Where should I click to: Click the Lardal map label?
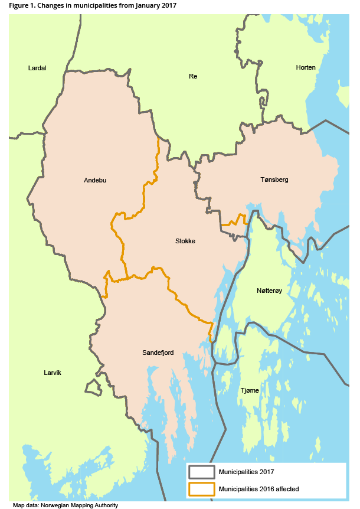pyautogui.click(x=37, y=68)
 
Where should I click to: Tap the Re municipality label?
pyautogui.click(x=192, y=76)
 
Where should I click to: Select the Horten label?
pyautogui.click(x=306, y=67)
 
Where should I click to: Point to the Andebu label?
pyautogui.click(x=96, y=180)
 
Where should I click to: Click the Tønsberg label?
pyautogui.click(x=274, y=179)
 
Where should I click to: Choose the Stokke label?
pyautogui.click(x=185, y=241)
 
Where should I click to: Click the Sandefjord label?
pyautogui.click(x=158, y=353)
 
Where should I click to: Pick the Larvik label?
pyautogui.click(x=53, y=373)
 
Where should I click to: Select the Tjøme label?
pyautogui.click(x=249, y=390)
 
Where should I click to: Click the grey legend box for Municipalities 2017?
pyautogui.click(x=201, y=472)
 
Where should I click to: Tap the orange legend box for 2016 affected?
pyautogui.click(x=201, y=488)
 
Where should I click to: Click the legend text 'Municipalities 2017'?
pyautogui.click(x=246, y=472)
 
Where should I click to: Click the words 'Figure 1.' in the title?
pyautogui.click(x=22, y=5)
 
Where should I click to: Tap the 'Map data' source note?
pyautogui.click(x=25, y=505)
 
